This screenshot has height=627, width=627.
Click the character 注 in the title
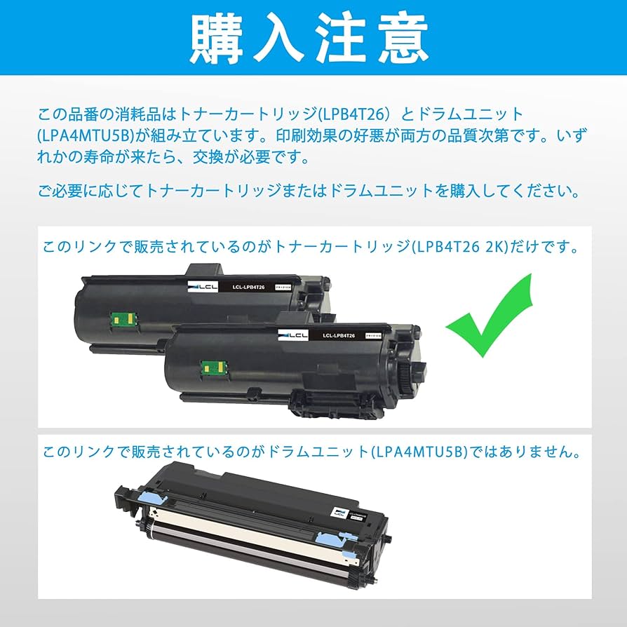pos(342,39)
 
